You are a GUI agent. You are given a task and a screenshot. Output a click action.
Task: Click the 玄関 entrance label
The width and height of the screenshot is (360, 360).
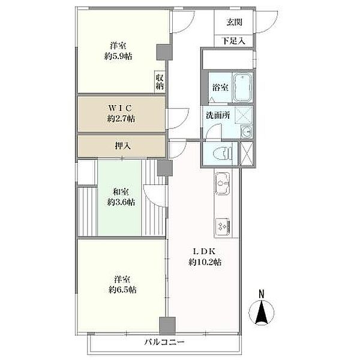point(234,22)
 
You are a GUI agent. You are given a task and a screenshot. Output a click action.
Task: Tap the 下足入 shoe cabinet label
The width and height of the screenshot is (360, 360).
point(234,41)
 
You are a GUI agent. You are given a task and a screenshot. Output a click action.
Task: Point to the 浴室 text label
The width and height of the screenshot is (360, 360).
point(220,87)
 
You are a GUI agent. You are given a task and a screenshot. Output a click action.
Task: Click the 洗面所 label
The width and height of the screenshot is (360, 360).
point(218,115)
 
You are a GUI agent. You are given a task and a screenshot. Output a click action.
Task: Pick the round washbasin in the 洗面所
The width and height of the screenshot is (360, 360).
point(247,132)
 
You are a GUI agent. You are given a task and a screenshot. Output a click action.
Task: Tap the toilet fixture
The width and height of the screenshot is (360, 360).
point(222,153)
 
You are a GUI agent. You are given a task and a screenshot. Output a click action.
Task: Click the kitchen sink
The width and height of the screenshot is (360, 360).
point(222,184)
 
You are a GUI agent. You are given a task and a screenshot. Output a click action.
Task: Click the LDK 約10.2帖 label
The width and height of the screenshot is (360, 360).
point(205,257)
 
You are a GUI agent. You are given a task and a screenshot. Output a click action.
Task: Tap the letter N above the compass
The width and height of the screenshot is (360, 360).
point(262,294)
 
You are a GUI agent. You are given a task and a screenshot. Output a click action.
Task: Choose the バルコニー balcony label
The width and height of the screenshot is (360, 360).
point(164,343)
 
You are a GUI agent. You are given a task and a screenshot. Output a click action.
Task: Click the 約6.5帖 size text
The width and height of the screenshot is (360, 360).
point(122,290)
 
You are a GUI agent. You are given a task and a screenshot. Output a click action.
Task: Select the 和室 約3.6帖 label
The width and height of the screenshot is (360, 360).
point(121,197)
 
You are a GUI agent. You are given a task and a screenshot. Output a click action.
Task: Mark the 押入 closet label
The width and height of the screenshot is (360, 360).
point(123,146)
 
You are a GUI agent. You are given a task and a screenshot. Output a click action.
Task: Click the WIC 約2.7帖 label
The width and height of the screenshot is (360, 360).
point(121,113)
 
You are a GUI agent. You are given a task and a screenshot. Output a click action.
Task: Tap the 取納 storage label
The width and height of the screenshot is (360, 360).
point(160,82)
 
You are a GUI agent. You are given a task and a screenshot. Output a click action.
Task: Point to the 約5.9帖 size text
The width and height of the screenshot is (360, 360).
point(118,56)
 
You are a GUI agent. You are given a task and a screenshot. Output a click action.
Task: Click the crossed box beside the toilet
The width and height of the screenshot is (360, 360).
point(247,154)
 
